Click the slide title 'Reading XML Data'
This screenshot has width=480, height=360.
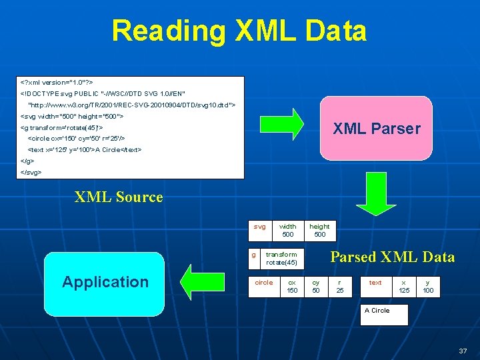point(239,31)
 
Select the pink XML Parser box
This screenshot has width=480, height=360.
point(377,129)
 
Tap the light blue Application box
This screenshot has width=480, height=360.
point(105,282)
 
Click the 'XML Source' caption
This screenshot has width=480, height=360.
point(119,197)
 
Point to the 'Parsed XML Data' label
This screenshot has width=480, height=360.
point(393,257)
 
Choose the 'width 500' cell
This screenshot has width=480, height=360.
point(288,230)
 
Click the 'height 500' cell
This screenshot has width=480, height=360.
point(320,230)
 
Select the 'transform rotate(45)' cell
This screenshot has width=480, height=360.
point(281,258)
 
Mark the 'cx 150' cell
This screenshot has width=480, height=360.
point(292,286)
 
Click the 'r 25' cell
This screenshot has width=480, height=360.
point(340,286)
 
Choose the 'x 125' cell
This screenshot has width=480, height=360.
point(404,286)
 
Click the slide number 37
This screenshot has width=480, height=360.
point(463,351)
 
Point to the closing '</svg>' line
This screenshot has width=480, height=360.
point(32,172)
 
